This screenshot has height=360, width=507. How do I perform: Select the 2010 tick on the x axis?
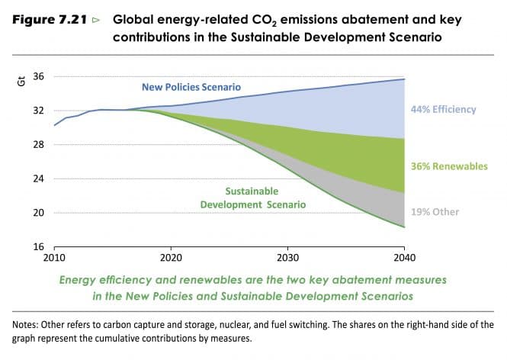pos(54,259)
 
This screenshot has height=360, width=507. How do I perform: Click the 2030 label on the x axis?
pos(287,259)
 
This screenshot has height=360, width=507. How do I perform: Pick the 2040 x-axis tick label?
pos(404,259)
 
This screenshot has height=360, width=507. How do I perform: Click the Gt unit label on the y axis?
pos(21,81)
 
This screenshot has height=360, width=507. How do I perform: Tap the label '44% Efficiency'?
pos(443,109)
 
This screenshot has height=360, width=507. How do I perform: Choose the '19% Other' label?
pos(435,211)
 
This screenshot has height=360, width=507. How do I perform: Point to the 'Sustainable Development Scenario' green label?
pos(252,198)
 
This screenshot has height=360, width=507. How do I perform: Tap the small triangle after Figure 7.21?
pos(95,17)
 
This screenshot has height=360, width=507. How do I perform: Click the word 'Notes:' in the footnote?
pos(28,324)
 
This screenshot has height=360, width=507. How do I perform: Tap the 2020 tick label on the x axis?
pos(171,259)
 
